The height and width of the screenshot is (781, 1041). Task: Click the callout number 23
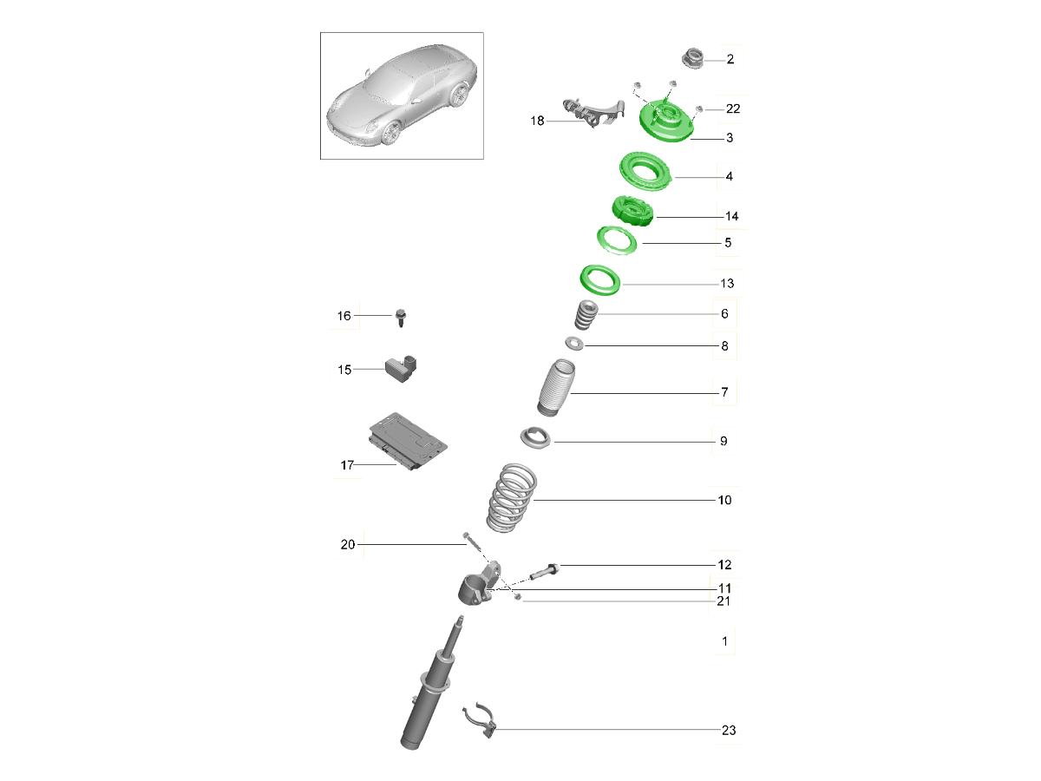tap(728, 730)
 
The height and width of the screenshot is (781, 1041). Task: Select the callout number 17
tap(347, 466)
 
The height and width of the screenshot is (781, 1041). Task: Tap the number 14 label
tap(731, 215)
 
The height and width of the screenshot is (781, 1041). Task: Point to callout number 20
tap(348, 545)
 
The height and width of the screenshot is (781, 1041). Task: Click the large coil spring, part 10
tap(510, 499)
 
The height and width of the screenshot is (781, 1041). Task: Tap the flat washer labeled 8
tap(574, 345)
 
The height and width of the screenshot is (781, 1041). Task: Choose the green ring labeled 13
tap(600, 280)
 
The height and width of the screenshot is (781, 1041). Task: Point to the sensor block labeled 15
tap(402, 366)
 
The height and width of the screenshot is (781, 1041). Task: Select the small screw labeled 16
tap(401, 318)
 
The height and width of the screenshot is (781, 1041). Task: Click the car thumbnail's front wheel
tap(392, 133)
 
